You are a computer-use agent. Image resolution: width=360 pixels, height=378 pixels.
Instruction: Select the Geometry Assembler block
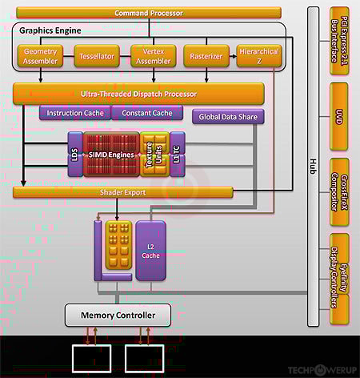click(41, 56)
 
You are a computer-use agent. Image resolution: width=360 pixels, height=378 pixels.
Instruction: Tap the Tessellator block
click(96, 56)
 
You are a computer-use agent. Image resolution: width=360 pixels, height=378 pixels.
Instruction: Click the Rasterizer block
click(206, 56)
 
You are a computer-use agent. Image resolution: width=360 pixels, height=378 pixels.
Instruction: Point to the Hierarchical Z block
click(259, 56)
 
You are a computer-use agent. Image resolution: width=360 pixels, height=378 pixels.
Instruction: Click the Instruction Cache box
click(75, 113)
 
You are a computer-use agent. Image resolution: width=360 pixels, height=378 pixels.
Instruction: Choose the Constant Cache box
click(147, 113)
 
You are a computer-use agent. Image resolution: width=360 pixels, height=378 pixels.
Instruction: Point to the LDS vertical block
click(75, 153)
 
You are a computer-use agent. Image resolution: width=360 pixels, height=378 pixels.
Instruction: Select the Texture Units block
click(154, 153)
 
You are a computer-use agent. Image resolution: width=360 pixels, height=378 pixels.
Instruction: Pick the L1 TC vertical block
click(178, 153)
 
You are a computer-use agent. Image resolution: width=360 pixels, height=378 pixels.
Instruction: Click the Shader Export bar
click(122, 192)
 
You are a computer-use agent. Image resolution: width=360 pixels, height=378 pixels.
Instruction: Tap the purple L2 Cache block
click(150, 250)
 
